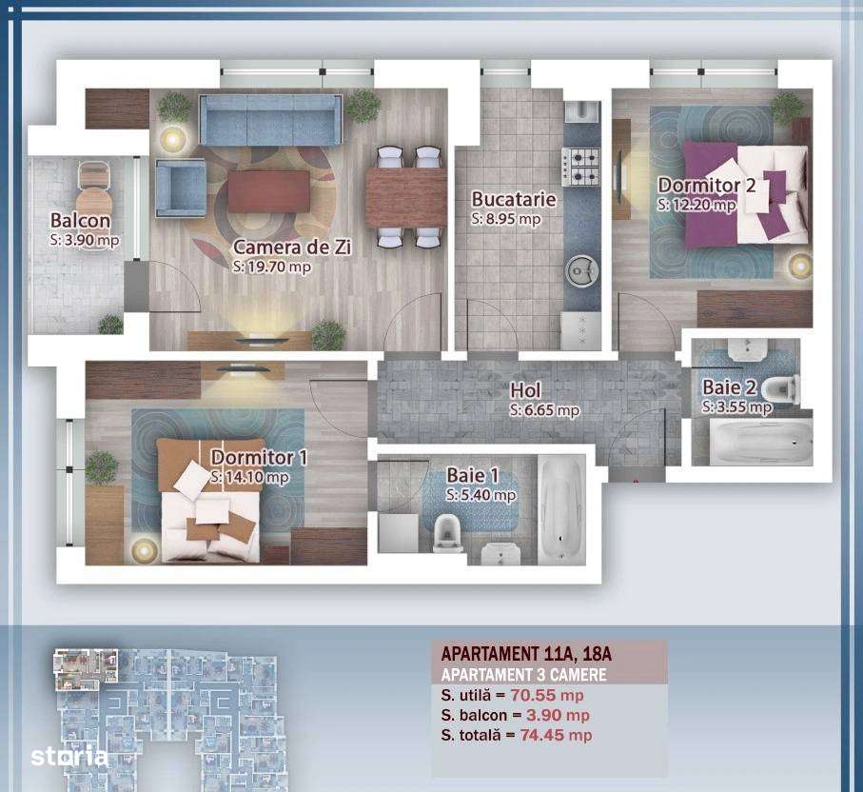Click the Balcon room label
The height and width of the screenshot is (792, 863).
80,222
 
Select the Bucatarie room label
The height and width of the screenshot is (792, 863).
513,200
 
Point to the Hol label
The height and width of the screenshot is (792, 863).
526,390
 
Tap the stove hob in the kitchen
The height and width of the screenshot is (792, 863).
580,167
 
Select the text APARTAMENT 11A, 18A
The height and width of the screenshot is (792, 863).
526,654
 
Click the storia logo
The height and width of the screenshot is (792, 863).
69,758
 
